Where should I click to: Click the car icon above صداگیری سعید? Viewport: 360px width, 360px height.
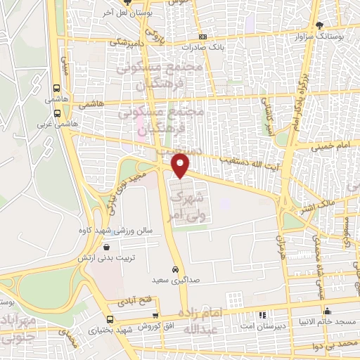point(175,269)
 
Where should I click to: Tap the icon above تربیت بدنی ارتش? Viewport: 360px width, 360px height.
point(106,247)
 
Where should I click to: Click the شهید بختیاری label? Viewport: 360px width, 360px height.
point(116,329)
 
